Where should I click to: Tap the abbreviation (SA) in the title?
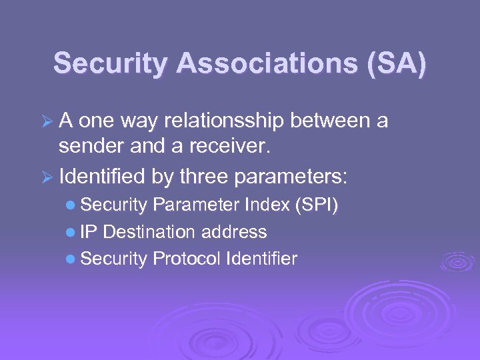[x=394, y=63]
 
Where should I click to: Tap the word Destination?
[x=149, y=232]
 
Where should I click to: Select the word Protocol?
[x=186, y=259]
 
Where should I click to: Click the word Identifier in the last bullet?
[x=261, y=259]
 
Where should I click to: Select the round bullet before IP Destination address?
[x=71, y=233]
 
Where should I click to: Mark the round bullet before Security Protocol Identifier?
[x=71, y=259]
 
